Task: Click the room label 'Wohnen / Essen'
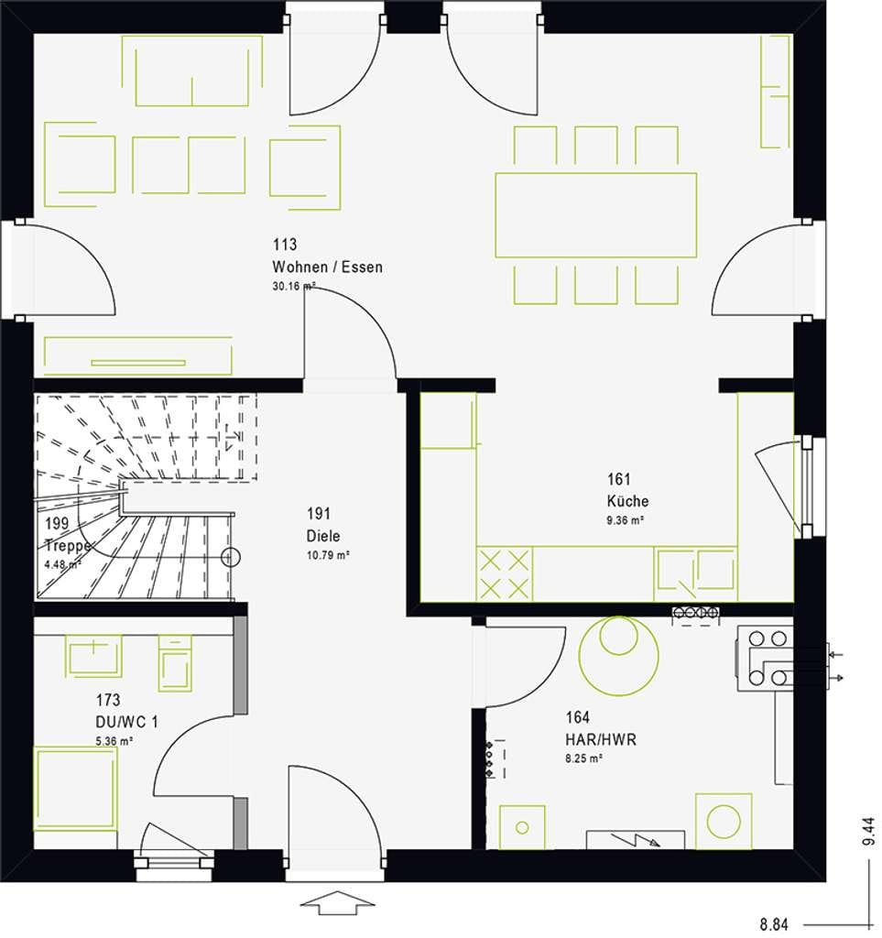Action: tap(327, 267)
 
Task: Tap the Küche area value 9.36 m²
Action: tap(625, 520)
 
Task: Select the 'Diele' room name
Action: tap(323, 536)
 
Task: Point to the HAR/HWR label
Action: tap(601, 740)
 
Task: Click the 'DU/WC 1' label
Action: tap(126, 722)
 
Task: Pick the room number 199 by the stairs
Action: tap(57, 523)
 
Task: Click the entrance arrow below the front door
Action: tap(337, 902)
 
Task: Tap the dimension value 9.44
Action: tap(869, 832)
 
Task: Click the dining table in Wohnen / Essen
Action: tap(595, 215)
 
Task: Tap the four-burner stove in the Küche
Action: tap(504, 574)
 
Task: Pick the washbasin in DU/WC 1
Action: tap(93, 656)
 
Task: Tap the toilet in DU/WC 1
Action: tap(175, 663)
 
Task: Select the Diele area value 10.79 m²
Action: tap(328, 556)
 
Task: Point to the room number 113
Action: tap(285, 245)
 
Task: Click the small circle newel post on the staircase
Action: tap(230, 558)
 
